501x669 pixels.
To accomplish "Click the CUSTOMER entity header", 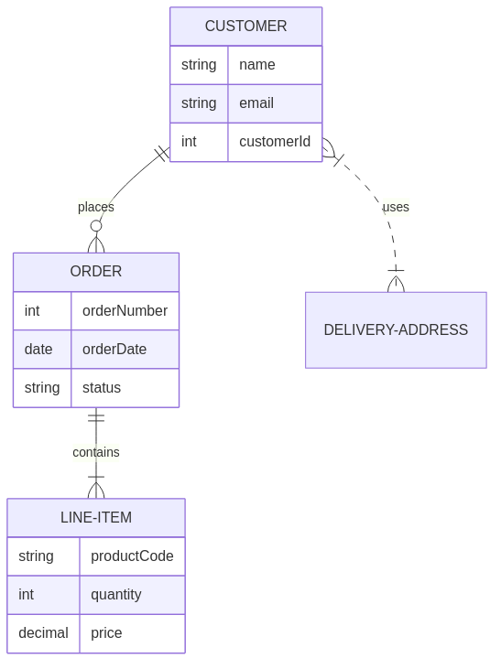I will coord(245,27).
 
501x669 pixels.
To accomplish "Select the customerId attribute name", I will coord(274,142).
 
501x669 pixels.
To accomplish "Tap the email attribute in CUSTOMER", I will coord(256,103).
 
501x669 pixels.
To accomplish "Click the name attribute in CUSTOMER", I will coord(256,65).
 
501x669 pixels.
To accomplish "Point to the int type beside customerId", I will coord(189,142).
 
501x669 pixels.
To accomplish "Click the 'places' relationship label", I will coord(96,207).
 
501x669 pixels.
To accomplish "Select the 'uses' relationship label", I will coord(396,207).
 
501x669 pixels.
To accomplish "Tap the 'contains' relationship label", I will coord(96,452).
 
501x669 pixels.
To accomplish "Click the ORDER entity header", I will coord(96,272).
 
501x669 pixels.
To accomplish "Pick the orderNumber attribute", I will coord(125,311).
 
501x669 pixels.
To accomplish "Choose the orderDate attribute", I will coord(114,350).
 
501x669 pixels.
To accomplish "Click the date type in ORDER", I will coord(38,350).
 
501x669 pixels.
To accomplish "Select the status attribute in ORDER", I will coord(102,388).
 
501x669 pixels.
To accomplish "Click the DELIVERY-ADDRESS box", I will coord(396,330).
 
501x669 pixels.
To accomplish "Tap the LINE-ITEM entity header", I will coord(96,518).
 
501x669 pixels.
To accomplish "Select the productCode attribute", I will coord(132,556).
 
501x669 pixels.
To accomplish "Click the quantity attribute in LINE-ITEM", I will coord(115,595).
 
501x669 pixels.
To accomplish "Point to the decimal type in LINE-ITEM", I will coord(43,633).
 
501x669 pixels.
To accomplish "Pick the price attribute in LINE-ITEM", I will coord(106,633).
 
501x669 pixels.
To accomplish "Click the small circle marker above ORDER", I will coord(96,226).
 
